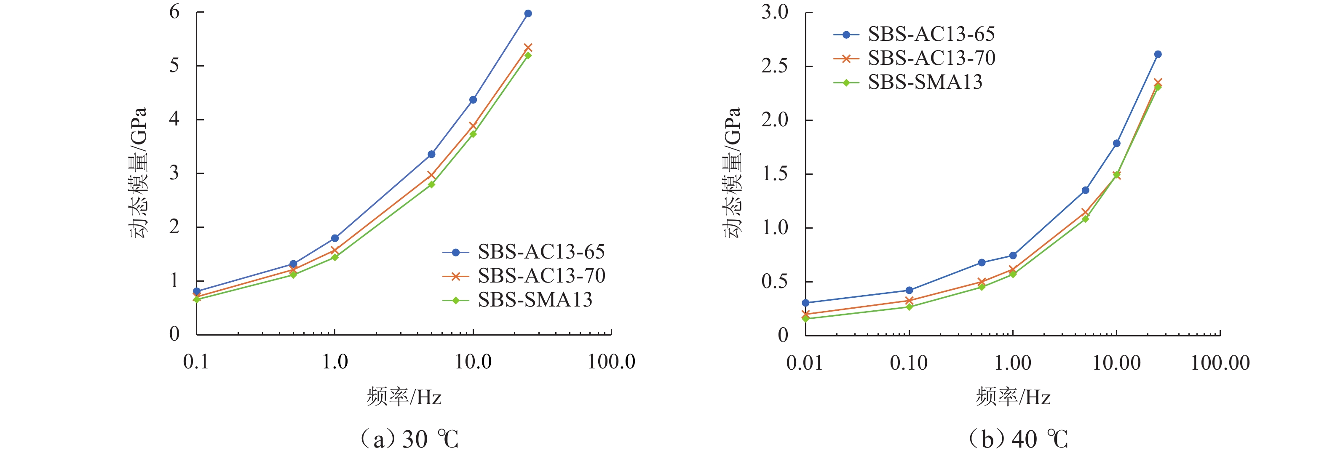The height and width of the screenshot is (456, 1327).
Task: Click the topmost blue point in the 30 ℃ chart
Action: point(528,14)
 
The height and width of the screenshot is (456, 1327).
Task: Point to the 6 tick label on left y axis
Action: point(175,12)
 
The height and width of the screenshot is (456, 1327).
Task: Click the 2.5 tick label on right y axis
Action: point(775,67)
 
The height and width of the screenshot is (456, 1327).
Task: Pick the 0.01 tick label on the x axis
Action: point(804,363)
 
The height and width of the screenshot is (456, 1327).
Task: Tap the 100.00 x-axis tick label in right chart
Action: point(1220,363)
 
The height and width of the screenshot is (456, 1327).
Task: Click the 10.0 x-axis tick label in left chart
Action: point(473,362)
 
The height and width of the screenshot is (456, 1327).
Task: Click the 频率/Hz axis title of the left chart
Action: point(404,397)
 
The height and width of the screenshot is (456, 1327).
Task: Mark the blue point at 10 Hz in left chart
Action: point(473,100)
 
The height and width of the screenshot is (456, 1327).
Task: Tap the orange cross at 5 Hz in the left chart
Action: point(431,176)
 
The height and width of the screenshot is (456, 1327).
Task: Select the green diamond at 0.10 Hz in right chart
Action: point(909,307)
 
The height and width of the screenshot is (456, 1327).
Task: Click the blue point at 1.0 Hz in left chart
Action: point(335,238)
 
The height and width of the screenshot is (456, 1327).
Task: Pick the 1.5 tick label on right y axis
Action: point(775,174)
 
